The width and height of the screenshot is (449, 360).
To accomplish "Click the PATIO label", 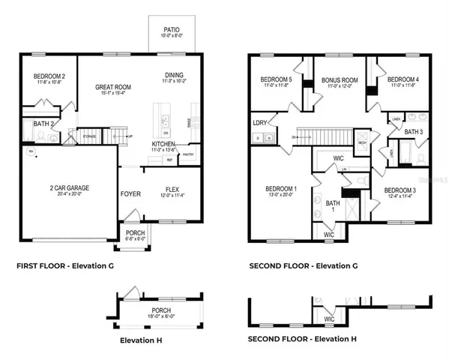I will click(172, 31).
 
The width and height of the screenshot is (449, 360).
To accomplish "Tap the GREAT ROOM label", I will click(114, 88).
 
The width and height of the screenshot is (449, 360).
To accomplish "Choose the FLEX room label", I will click(172, 190).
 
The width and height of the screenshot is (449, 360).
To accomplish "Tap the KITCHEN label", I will click(164, 143).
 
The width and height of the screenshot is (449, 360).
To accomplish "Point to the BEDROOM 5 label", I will click(276, 79).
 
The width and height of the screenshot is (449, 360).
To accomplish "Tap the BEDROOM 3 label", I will click(400, 190).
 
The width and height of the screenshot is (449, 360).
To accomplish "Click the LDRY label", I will click(260, 122).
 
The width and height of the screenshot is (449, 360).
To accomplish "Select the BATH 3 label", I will click(413, 132).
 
